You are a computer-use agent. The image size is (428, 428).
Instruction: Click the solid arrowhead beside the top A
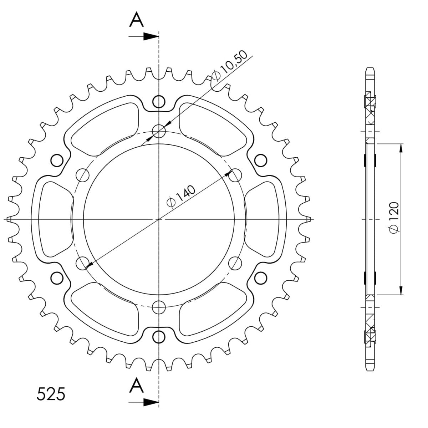coord(151,36)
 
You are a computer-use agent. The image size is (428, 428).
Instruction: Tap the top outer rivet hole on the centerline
coord(159,102)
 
